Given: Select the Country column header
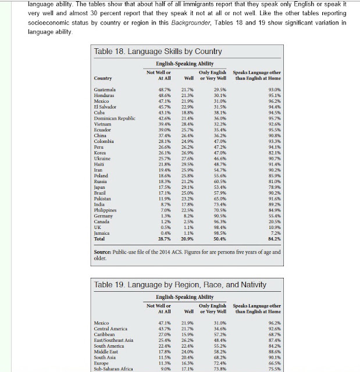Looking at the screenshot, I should tap(104, 78).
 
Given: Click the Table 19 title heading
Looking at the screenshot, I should tap(180, 285).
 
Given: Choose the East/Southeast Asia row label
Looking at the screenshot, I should tap(116, 340).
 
